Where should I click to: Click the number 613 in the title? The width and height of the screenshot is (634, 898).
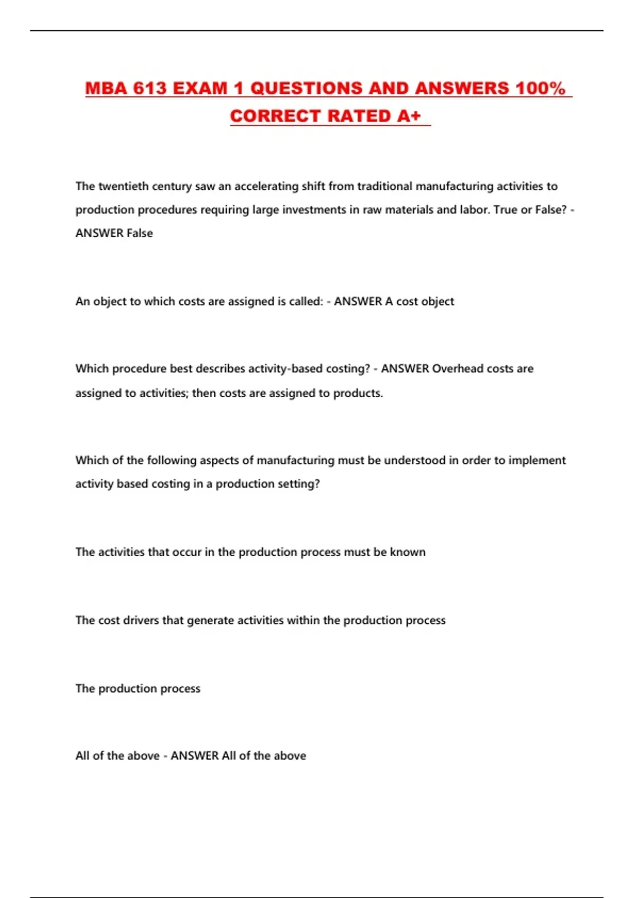pos(150,88)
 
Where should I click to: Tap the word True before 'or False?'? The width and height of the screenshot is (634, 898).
pos(505,210)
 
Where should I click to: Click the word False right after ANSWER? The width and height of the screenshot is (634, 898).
pos(139,233)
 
